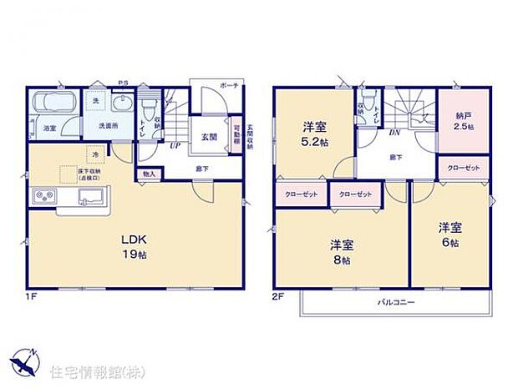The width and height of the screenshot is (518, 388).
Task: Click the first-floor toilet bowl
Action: click(x=149, y=111)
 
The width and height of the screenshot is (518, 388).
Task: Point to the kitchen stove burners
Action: click(x=42, y=197)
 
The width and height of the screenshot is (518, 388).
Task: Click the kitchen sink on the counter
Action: click(x=89, y=197)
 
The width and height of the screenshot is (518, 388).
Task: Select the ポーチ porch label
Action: click(x=230, y=87)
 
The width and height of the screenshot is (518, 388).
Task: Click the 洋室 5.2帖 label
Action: click(x=314, y=134)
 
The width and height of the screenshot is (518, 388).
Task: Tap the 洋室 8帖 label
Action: click(x=340, y=250)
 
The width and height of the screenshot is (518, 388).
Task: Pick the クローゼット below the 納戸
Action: click(x=464, y=169)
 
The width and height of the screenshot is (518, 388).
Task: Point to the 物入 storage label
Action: click(x=150, y=174)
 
